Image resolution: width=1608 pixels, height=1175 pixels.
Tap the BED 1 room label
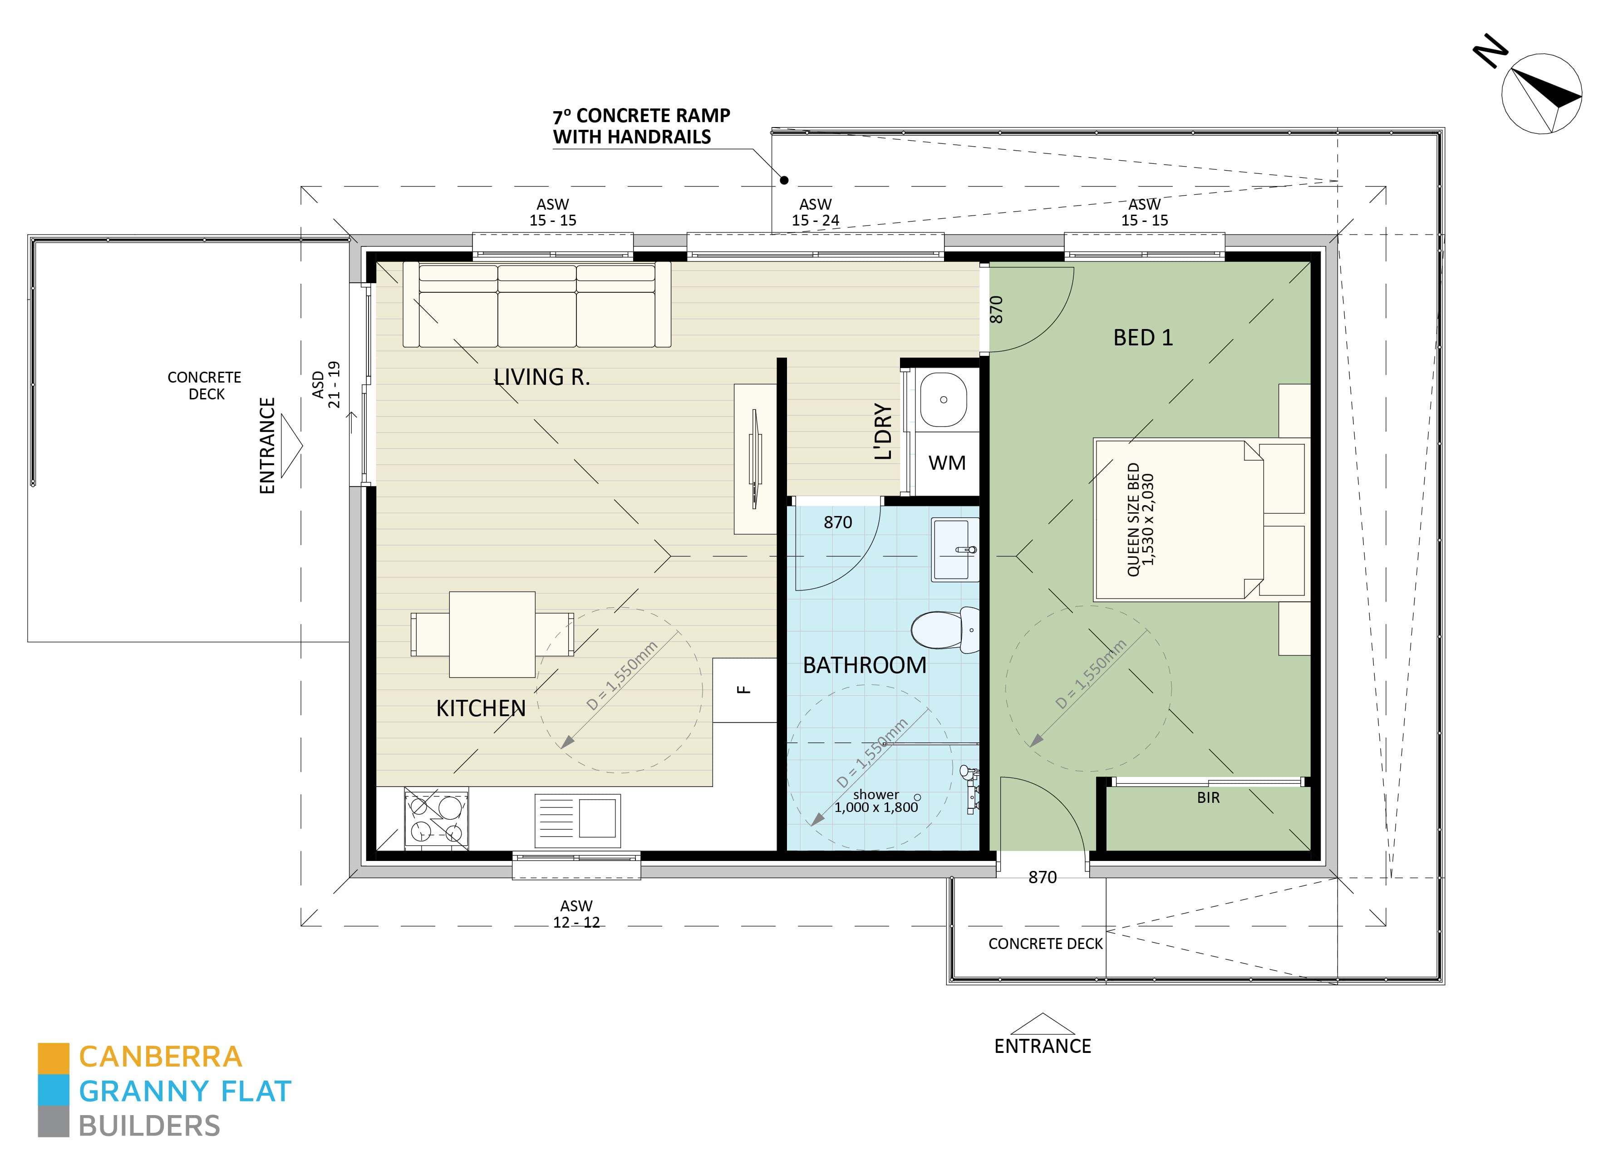pyautogui.click(x=1142, y=337)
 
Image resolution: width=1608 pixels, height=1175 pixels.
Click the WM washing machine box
pyautogui.click(x=947, y=463)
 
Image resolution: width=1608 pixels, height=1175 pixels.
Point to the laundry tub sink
pyautogui.click(x=943, y=400)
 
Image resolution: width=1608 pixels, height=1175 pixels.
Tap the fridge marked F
pyautogui.click(x=744, y=689)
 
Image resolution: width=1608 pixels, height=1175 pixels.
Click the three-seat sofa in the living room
pyautogui.click(x=537, y=305)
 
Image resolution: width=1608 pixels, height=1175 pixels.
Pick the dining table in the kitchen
pyautogui.click(x=492, y=634)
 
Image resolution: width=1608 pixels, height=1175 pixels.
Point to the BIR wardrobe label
pyautogui.click(x=1208, y=798)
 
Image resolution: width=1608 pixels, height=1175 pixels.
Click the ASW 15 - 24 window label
pyautogui.click(x=815, y=213)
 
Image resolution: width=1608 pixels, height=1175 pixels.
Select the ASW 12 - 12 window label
pyautogui.click(x=576, y=914)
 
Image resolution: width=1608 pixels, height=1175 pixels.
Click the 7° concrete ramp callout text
pyautogui.click(x=641, y=126)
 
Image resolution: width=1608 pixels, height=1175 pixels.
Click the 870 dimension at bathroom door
pyautogui.click(x=837, y=523)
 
